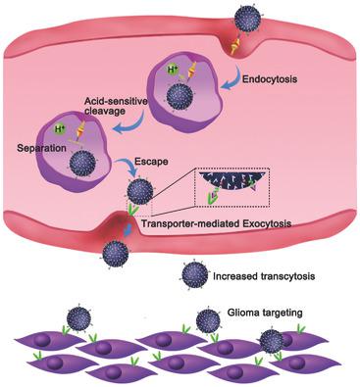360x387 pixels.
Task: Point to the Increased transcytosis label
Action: coord(264,279)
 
